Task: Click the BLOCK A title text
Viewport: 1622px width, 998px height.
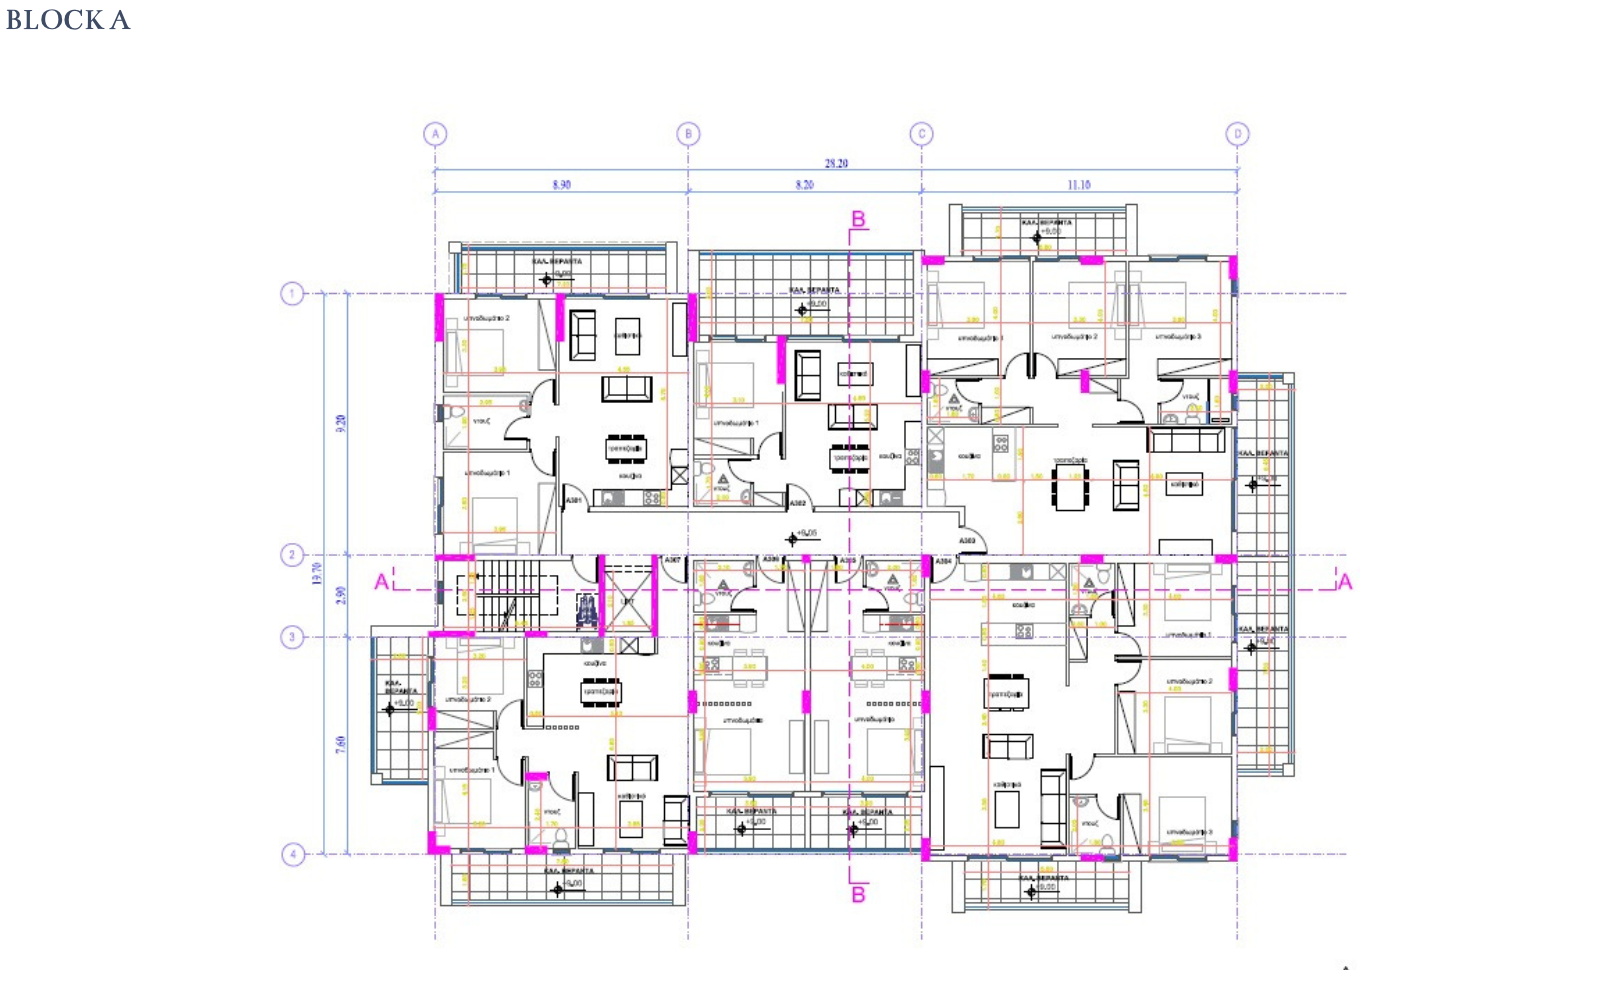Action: tap(68, 20)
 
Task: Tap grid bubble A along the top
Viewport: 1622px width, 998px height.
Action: tap(435, 134)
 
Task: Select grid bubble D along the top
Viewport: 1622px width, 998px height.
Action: tap(1237, 134)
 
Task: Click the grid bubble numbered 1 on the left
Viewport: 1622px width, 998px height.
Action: tap(292, 294)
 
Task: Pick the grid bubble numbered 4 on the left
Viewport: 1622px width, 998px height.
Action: tap(292, 854)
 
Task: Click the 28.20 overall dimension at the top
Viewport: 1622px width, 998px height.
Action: tap(836, 163)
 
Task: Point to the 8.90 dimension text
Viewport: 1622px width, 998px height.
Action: tap(561, 185)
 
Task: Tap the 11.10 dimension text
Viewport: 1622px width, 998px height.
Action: tap(1078, 185)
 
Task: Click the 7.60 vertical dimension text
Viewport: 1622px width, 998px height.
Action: tap(341, 745)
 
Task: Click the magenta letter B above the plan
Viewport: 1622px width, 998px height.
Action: tap(858, 219)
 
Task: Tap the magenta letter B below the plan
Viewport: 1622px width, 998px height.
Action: tap(858, 894)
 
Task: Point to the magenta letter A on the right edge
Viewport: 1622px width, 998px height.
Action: tap(1345, 582)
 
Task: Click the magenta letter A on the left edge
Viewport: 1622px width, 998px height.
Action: tap(381, 582)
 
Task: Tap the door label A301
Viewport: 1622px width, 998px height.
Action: tap(574, 500)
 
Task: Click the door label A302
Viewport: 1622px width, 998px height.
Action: tap(798, 504)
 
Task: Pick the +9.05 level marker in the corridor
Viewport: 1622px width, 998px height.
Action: tap(805, 533)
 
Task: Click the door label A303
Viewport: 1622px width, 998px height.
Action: tap(967, 541)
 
